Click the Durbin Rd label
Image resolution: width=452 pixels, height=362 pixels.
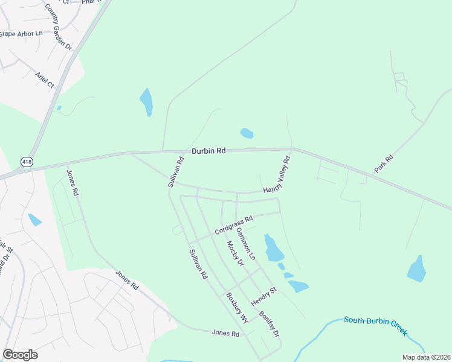pyautogui.click(x=208, y=151)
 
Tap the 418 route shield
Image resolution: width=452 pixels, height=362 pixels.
pyautogui.click(x=27, y=162)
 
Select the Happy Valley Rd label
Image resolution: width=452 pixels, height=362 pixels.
pyautogui.click(x=277, y=174)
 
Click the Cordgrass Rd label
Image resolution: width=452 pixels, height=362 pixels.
pyautogui.click(x=233, y=224)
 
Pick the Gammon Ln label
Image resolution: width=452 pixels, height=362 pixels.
pyautogui.click(x=246, y=244)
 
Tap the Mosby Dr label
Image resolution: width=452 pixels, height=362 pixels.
pyautogui.click(x=234, y=253)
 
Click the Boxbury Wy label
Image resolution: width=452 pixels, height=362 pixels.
pyautogui.click(x=237, y=308)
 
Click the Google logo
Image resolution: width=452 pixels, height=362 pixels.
pyautogui.click(x=20, y=355)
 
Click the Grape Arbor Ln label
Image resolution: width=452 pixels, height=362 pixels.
pyautogui.click(x=20, y=33)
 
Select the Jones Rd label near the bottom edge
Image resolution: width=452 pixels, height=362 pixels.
pyautogui.click(x=225, y=332)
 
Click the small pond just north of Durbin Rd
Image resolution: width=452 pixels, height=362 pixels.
pyautogui.click(x=247, y=133)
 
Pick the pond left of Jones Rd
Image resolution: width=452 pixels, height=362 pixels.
pyautogui.click(x=34, y=220)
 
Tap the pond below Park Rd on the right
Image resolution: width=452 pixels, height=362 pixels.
pyautogui.click(x=417, y=269)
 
